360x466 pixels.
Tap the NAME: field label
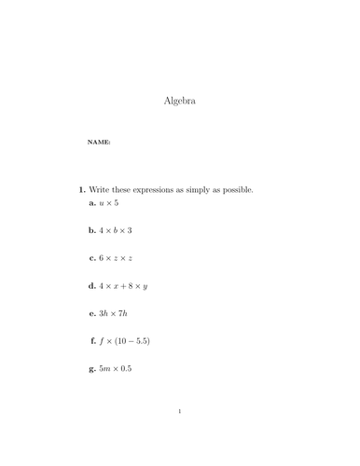pyautogui.click(x=99, y=143)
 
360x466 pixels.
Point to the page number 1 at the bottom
pyautogui.click(x=180, y=436)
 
